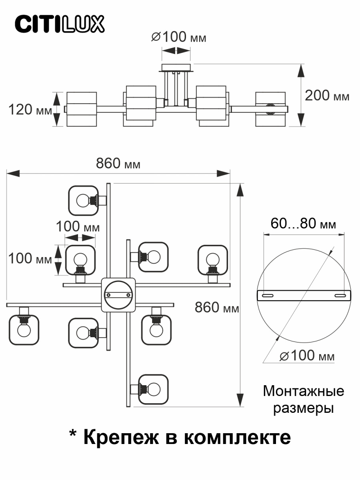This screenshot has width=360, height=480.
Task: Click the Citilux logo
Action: coord(60,24)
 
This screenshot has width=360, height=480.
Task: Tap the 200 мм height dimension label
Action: coord(327,96)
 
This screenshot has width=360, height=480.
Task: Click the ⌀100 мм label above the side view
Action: coord(179,37)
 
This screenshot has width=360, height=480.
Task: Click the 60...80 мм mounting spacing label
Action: coord(303,223)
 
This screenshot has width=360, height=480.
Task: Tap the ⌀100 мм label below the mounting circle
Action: coord(306,355)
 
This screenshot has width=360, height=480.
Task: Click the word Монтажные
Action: coord(303,391)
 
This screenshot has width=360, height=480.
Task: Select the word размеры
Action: coord(303,408)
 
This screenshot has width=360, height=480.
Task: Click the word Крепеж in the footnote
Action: coord(122,437)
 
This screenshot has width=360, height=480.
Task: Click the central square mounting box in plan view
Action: coord(118,295)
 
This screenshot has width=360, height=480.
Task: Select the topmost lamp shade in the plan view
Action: coord(83,200)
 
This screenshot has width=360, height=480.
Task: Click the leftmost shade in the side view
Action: coord(82,109)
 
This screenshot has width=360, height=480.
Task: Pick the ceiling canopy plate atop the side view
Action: coord(176,67)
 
